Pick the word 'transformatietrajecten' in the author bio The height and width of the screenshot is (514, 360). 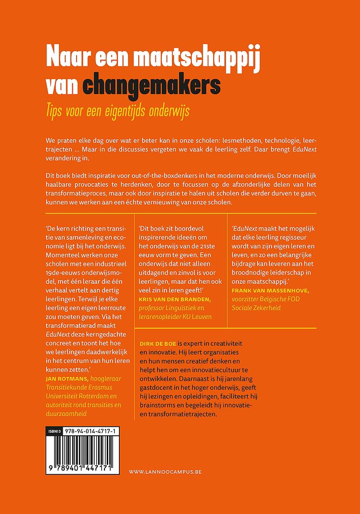click(x=177, y=414)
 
